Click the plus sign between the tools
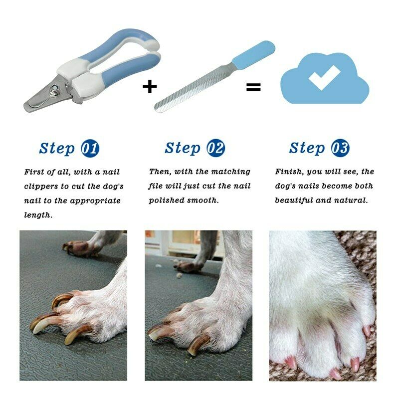(x=150, y=86)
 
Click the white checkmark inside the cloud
(x=324, y=78)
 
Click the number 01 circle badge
(x=90, y=148)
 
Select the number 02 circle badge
(x=216, y=148)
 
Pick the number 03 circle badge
(x=341, y=148)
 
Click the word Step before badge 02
(x=183, y=148)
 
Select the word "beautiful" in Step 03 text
(x=294, y=200)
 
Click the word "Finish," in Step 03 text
(x=289, y=172)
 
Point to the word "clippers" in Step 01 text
(x=41, y=187)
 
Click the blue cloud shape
(x=349, y=87)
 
